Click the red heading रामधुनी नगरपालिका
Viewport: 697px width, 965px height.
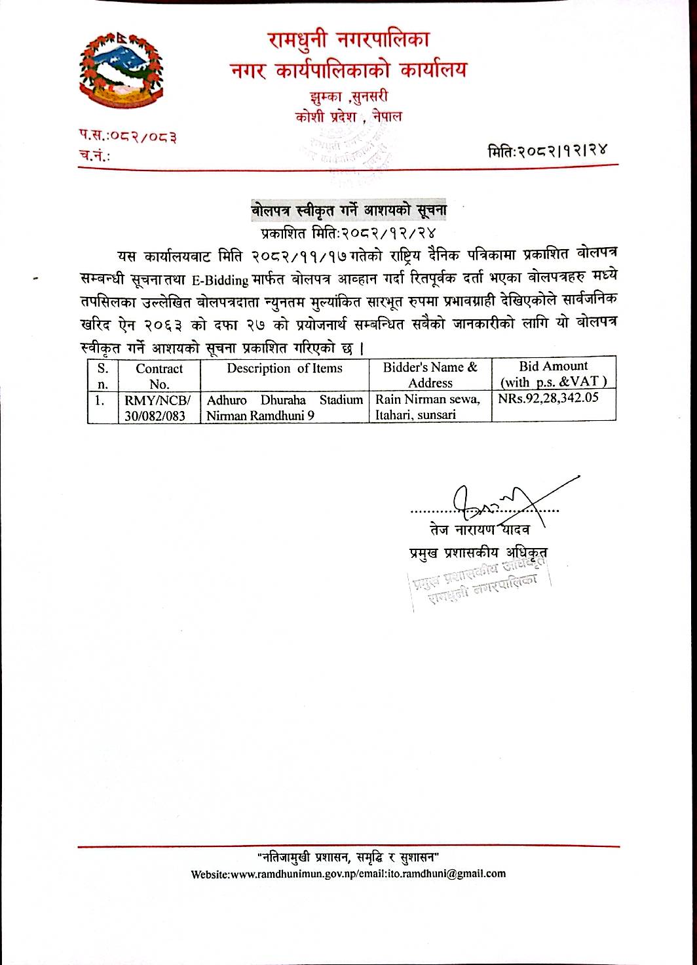point(348,41)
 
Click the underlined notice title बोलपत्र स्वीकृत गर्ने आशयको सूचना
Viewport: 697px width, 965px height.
point(350,211)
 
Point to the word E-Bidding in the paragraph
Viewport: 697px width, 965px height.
point(220,279)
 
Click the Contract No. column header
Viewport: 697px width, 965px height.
point(159,376)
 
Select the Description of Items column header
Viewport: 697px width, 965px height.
point(284,368)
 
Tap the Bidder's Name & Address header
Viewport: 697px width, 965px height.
point(430,375)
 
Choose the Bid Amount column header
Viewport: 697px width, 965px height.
point(553,374)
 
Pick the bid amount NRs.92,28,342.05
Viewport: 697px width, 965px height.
point(548,397)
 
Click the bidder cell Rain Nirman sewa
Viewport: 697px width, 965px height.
point(428,399)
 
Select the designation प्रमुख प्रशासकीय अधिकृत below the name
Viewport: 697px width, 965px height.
point(475,553)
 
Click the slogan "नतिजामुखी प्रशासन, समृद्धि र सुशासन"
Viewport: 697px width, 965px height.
point(348,856)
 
